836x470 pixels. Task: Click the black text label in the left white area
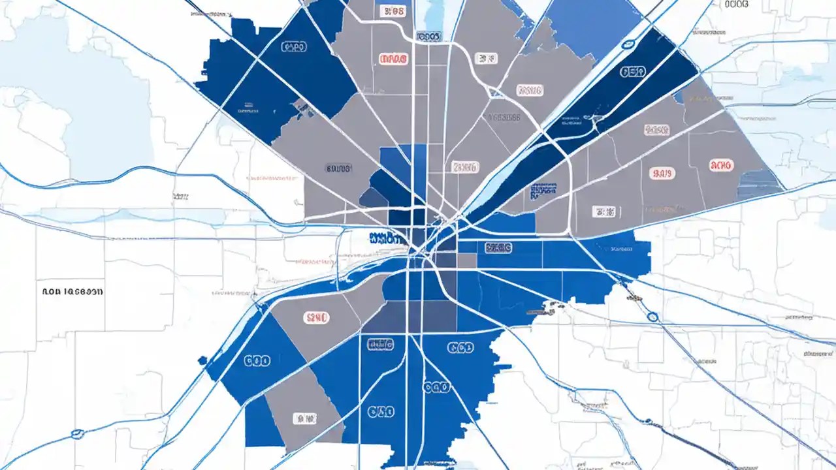pyautogui.click(x=72, y=292)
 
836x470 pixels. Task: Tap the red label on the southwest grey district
pyautogui.click(x=317, y=318)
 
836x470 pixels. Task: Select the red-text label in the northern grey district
pyautogui.click(x=393, y=59)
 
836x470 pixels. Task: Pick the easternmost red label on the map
pyautogui.click(x=721, y=166)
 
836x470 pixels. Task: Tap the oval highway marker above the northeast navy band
pyautogui.click(x=629, y=44)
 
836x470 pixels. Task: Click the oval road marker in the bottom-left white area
pyautogui.click(x=78, y=433)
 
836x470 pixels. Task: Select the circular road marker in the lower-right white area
pyautogui.click(x=652, y=317)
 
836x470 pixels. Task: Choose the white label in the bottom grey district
pyautogui.click(x=304, y=416)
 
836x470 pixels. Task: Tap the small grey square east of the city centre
pyautogui.click(x=466, y=260)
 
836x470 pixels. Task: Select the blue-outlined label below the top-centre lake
pyautogui.click(x=428, y=37)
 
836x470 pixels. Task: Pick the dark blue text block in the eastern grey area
pyautogui.click(x=543, y=191)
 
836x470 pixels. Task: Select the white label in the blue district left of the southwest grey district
pyautogui.click(x=257, y=360)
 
